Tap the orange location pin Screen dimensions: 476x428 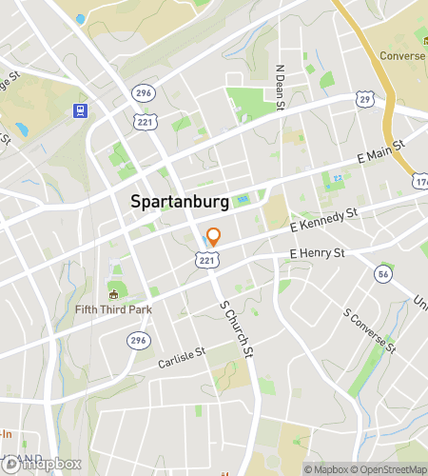[x=214, y=238]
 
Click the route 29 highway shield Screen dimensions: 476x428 [x=364, y=99]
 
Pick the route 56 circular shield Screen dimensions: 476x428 [x=383, y=274]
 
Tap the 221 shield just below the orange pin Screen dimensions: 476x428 [x=205, y=259]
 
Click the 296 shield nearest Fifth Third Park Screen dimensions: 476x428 [x=139, y=340]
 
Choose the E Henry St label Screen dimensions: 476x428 [x=317, y=253]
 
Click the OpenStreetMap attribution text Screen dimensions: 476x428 [x=389, y=469]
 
